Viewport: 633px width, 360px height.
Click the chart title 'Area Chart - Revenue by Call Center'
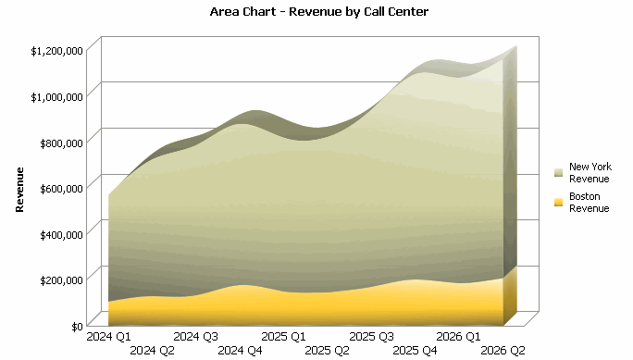pos(319,12)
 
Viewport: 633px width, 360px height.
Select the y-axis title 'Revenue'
pos(19,190)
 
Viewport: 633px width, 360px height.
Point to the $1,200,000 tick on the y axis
pos(57,50)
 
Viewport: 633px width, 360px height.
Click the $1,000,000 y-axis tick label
pos(57,95)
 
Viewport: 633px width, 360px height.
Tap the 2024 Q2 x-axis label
pos(152,351)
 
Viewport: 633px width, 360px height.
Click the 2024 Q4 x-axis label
pos(240,351)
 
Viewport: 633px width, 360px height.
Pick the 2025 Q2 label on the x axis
pos(327,351)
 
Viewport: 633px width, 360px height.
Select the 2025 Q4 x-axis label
pos(415,351)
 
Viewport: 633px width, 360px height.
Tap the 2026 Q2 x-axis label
pos(503,351)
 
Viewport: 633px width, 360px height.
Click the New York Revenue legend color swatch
pos(558,172)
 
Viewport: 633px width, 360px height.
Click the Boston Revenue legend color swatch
pos(558,202)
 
